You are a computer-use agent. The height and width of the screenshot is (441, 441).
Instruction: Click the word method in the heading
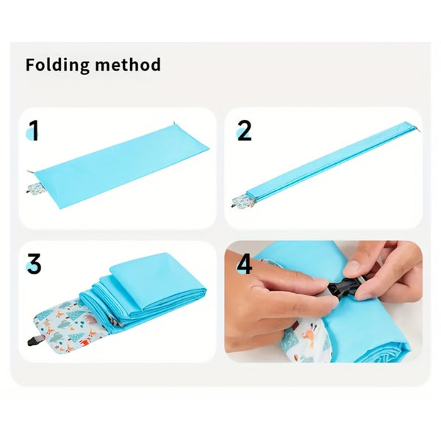[x=128, y=65]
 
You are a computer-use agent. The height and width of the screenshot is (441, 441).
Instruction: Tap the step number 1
[x=34, y=130]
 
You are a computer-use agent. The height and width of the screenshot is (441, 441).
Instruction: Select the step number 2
[x=244, y=130]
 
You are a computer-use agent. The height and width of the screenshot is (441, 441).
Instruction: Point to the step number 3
[x=34, y=264]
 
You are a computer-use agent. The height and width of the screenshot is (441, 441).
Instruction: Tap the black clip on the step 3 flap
[x=35, y=341]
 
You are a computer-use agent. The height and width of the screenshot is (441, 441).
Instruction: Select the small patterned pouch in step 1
[x=35, y=188]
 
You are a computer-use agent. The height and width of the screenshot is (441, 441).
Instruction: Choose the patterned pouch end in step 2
[x=243, y=201]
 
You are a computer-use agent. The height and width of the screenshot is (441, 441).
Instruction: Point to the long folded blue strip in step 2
[x=333, y=161]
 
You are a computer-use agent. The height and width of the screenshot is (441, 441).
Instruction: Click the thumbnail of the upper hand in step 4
[x=351, y=265]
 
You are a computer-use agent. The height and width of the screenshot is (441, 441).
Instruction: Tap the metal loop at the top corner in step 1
[x=174, y=123]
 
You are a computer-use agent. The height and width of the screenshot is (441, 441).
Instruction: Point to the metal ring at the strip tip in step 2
[x=418, y=129]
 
